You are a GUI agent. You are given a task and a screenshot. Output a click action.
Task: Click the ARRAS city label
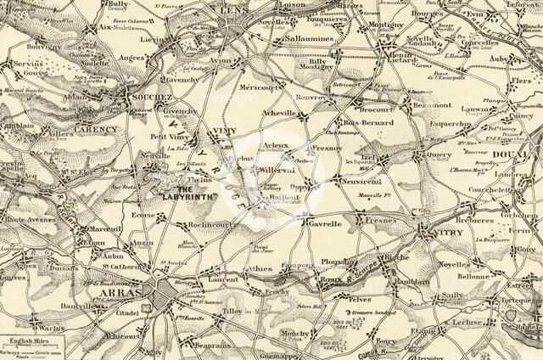click(x=117, y=293)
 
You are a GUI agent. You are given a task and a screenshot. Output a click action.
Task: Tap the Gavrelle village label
click(x=324, y=224)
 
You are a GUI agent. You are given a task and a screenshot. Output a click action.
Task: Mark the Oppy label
click(x=302, y=188)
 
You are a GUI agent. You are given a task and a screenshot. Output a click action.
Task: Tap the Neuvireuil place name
click(x=362, y=182)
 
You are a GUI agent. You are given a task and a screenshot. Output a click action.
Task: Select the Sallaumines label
click(x=309, y=38)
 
